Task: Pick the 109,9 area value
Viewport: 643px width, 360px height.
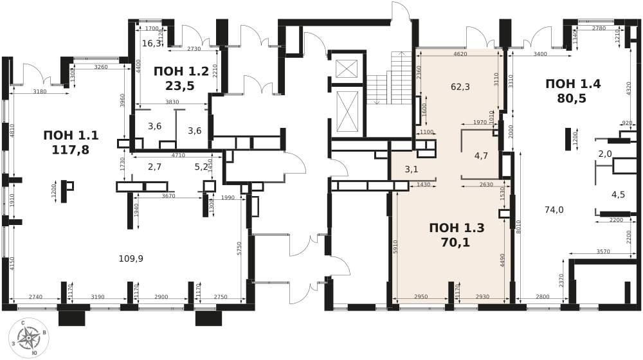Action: (131, 258)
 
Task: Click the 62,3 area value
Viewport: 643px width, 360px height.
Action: (460, 87)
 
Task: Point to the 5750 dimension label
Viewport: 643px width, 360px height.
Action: (239, 249)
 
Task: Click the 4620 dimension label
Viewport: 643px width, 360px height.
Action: (460, 54)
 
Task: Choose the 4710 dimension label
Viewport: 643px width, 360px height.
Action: (177, 156)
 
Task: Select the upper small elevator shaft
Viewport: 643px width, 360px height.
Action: (347, 69)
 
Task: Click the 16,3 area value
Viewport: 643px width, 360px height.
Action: (152, 43)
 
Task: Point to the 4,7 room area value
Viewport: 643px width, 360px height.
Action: (480, 156)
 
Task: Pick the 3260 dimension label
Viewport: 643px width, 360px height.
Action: (100, 67)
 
